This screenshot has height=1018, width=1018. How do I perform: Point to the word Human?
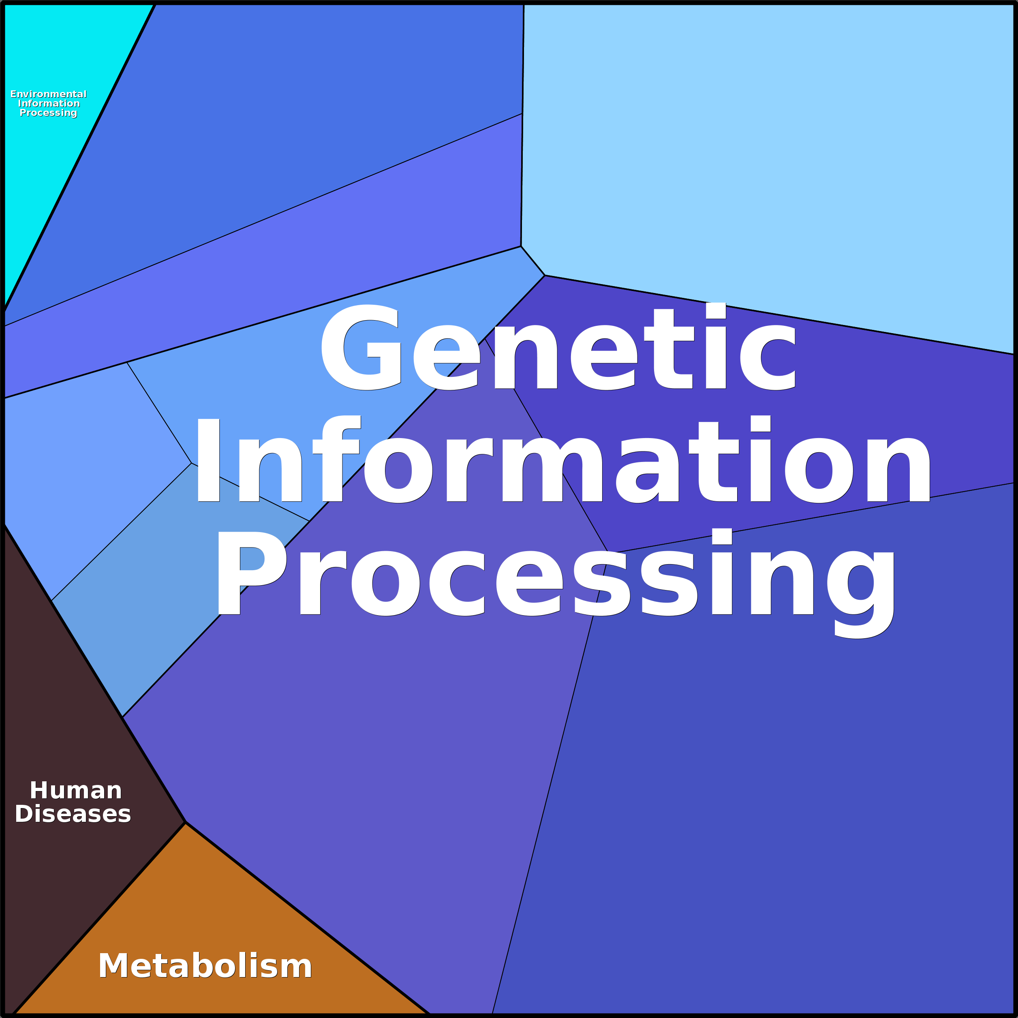point(76,790)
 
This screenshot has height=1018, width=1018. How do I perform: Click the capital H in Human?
point(41,790)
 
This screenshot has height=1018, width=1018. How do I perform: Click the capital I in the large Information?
point(208,460)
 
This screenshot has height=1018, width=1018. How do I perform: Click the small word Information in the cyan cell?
point(49,104)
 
